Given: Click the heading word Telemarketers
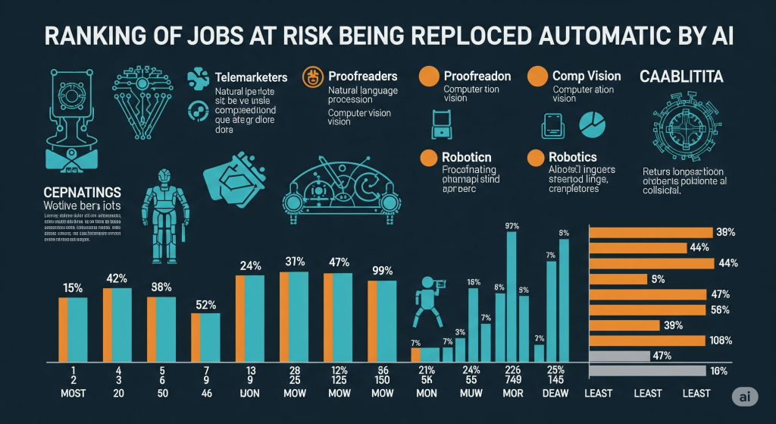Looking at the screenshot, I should pos(251,77).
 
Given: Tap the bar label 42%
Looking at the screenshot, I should pos(117,278).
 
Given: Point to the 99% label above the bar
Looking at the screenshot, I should pos(382,271).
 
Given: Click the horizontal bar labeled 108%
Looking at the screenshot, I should pos(651,341).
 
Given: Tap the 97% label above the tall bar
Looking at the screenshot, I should pos(511,225).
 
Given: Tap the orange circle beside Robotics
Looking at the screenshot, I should pos(536,157).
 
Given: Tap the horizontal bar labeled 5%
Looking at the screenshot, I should pos(618,278).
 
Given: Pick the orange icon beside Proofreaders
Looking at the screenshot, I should pos(311,77).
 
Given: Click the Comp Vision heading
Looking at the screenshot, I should pos(587,76).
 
